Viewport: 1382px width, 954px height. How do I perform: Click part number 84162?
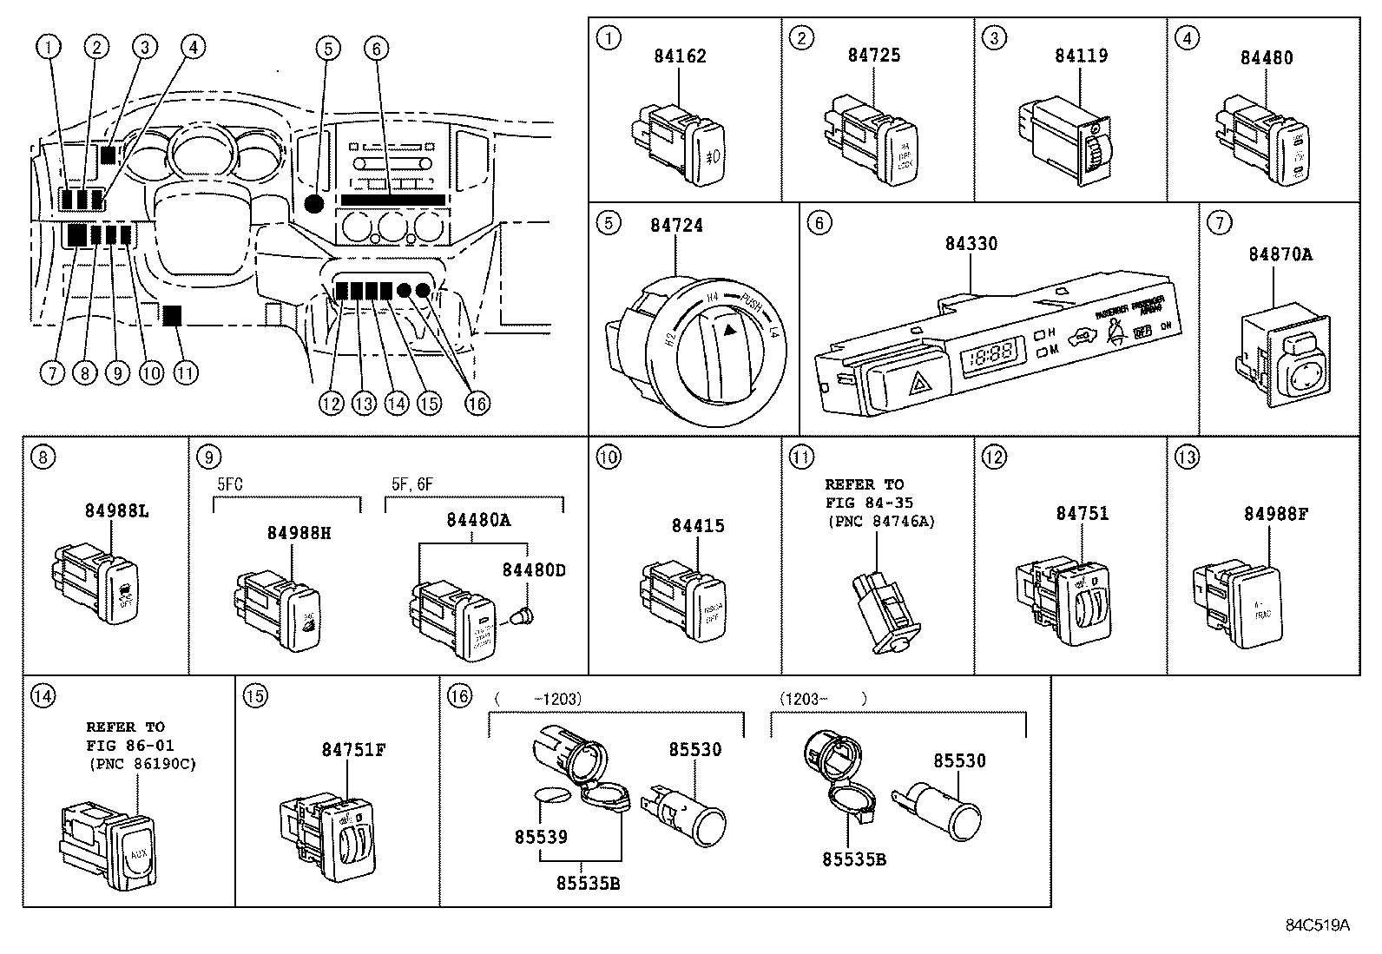(680, 56)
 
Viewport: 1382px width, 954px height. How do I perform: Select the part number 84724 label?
(676, 226)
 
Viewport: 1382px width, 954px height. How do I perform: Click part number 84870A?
(1280, 254)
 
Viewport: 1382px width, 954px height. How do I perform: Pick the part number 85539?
(540, 837)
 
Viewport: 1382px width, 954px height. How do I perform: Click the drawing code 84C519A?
(1317, 924)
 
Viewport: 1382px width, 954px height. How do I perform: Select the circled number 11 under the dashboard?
(184, 373)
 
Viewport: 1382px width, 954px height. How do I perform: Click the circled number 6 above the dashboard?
(375, 48)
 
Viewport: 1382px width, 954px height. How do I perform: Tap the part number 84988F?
(1275, 514)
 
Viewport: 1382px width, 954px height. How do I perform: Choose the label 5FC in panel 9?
(229, 484)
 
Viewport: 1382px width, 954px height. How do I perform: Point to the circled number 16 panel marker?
(459, 694)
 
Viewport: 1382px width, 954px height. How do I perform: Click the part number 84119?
(1081, 56)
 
